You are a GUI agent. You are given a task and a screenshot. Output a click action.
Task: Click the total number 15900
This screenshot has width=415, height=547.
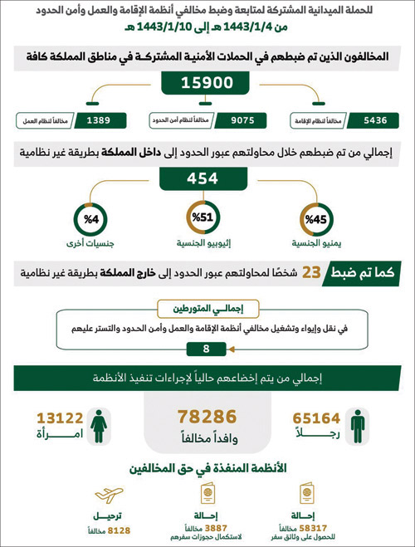tap(207, 85)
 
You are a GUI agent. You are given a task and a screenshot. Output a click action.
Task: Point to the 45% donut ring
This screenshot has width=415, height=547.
tap(317, 220)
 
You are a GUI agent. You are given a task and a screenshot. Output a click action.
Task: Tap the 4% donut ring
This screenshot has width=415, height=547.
tap(92, 220)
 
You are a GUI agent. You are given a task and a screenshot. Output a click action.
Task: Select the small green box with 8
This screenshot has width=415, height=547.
tap(206, 349)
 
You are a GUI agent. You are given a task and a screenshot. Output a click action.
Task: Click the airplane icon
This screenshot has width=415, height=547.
tap(108, 496)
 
